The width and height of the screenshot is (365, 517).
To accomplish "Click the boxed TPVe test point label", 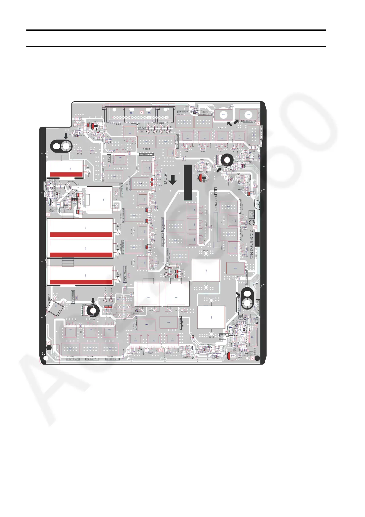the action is [x=109, y=158].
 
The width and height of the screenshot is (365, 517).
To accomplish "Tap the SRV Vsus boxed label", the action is [x=125, y=274].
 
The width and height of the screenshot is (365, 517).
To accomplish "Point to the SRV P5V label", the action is [x=239, y=305].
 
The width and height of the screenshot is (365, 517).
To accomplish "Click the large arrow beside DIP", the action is [x=173, y=180].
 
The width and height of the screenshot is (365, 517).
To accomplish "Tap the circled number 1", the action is [x=252, y=223].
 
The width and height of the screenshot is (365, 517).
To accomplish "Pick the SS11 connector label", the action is [x=49, y=297].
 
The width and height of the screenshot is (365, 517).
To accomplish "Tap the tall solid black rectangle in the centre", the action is [x=188, y=182].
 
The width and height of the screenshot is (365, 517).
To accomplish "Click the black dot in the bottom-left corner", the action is [x=48, y=348].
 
